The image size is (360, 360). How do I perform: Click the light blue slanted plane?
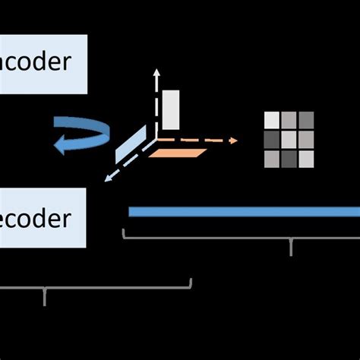(128, 146)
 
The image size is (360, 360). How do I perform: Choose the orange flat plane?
(178, 153)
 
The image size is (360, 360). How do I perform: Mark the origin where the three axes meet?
(156, 141)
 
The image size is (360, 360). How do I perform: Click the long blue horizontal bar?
(243, 212)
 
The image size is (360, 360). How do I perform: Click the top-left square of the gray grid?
(271, 120)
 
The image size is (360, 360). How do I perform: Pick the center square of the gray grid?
(289, 140)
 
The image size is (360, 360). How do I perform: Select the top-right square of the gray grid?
(306, 120)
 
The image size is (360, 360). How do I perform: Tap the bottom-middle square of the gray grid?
(289, 158)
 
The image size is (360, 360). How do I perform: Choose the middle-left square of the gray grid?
(271, 140)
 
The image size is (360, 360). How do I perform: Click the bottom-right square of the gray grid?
(306, 158)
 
